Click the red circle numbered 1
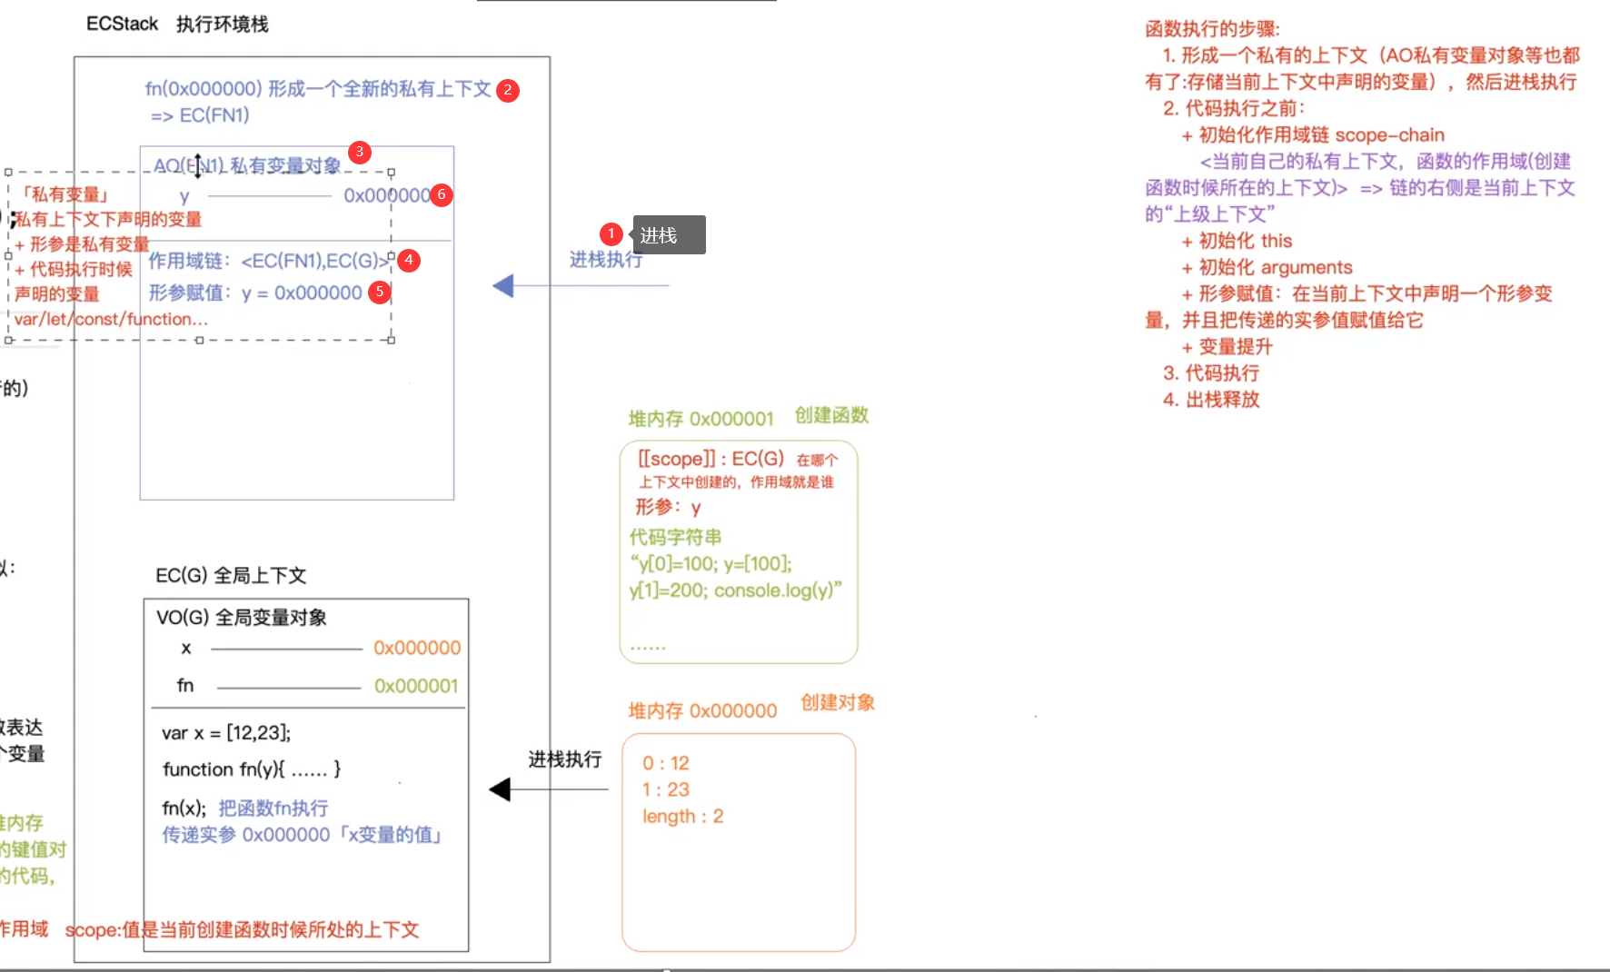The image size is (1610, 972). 611,234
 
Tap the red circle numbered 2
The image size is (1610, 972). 508,90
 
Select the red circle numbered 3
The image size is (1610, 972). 360,152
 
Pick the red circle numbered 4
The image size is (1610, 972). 409,260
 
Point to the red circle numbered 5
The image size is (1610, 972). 380,293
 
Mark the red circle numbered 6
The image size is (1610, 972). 442,194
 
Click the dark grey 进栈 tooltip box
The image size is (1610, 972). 669,235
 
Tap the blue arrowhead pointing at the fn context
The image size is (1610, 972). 503,286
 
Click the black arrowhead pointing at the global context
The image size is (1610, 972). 500,789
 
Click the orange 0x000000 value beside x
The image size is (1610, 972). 417,648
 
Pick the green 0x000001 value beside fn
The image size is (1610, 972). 416,686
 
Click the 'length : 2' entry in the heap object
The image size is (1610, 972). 682,816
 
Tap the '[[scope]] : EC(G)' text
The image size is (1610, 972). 711,459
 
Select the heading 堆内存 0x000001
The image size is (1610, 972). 701,419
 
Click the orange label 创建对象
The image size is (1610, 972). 837,702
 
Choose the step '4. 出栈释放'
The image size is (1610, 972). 1211,400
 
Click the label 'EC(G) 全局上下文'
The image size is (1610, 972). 231,576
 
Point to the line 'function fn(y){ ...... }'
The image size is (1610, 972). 252,769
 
